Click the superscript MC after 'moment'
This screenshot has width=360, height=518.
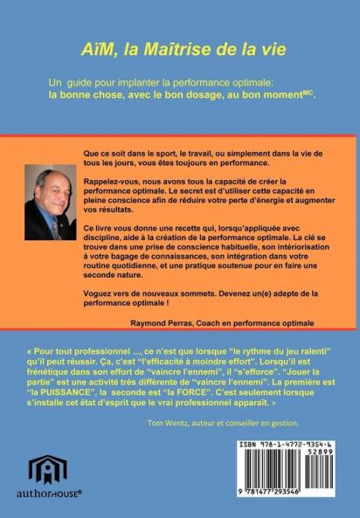(307, 90)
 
